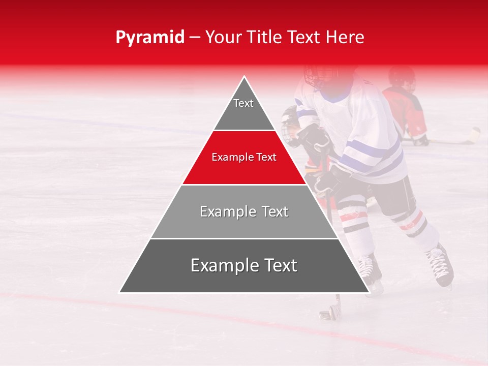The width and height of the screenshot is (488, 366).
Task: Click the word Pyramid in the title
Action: coord(150,38)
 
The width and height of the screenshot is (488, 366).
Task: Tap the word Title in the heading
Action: coord(264,38)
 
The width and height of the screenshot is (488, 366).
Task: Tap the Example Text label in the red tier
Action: coord(244,158)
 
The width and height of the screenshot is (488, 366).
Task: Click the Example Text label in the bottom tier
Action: coord(244,265)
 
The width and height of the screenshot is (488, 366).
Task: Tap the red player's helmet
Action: coord(402,76)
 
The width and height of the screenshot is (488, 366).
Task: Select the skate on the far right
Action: coord(440,264)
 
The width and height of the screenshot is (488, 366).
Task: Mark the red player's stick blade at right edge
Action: coord(474,134)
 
